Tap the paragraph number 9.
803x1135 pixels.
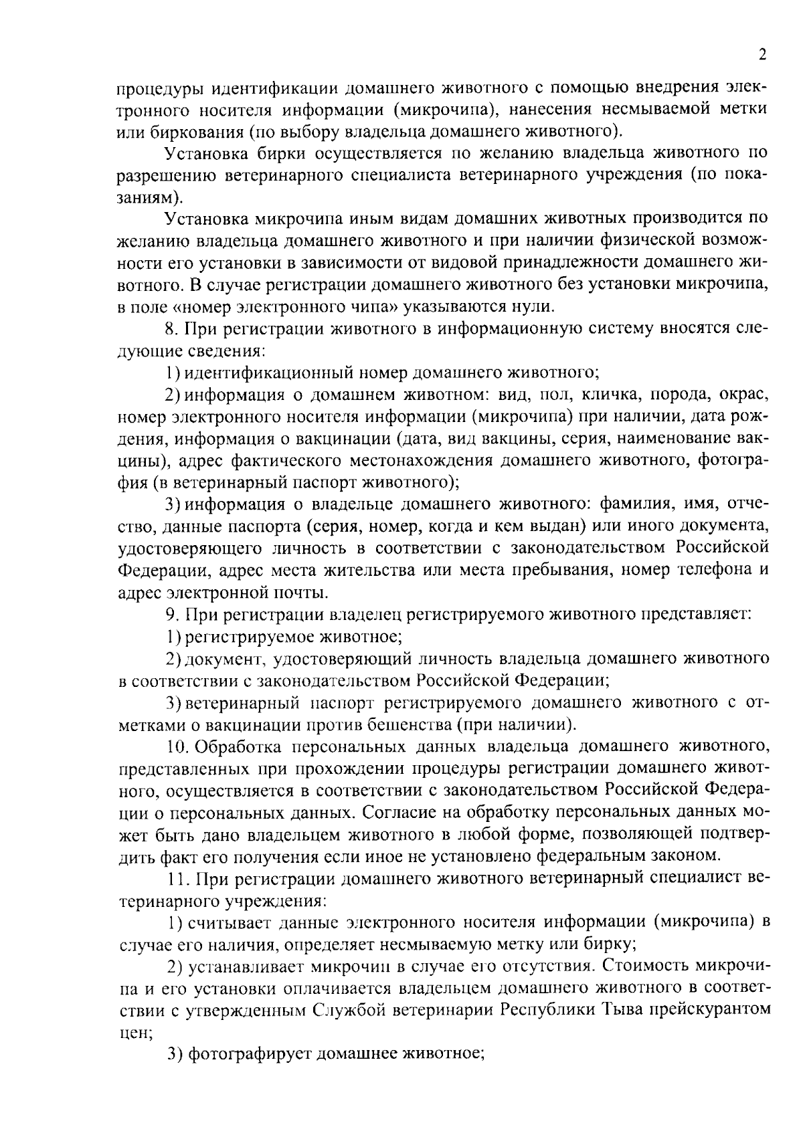click(171, 614)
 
